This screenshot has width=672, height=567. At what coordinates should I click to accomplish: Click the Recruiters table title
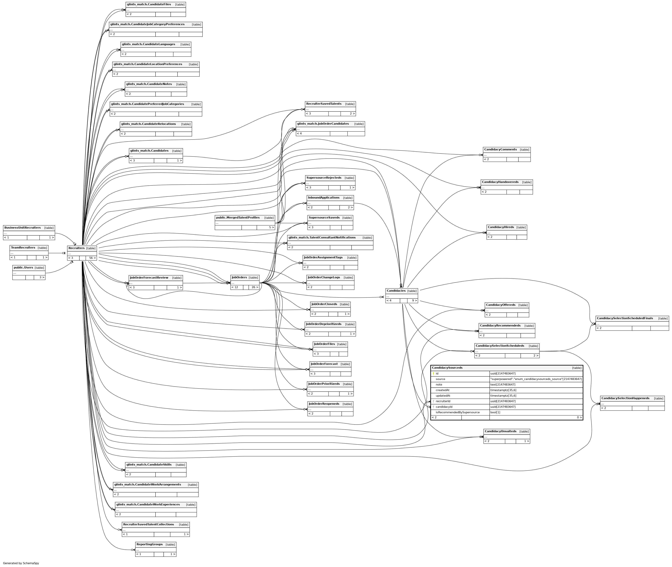(x=77, y=248)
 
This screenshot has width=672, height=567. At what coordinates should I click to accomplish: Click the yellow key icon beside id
(x=433, y=374)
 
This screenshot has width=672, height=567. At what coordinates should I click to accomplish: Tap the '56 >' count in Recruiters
(x=92, y=258)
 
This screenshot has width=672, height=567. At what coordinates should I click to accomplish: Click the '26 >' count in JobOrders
(x=255, y=287)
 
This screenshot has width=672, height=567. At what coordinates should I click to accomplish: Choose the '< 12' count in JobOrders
(x=235, y=287)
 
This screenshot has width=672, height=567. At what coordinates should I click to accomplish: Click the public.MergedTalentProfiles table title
(x=238, y=218)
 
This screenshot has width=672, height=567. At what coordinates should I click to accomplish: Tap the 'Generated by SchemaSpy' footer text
(x=21, y=563)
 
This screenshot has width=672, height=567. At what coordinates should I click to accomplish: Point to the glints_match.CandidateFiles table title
(x=149, y=5)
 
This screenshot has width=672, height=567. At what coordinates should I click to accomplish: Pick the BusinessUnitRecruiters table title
(x=23, y=227)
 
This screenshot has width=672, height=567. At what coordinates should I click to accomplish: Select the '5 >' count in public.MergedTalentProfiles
(x=271, y=227)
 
